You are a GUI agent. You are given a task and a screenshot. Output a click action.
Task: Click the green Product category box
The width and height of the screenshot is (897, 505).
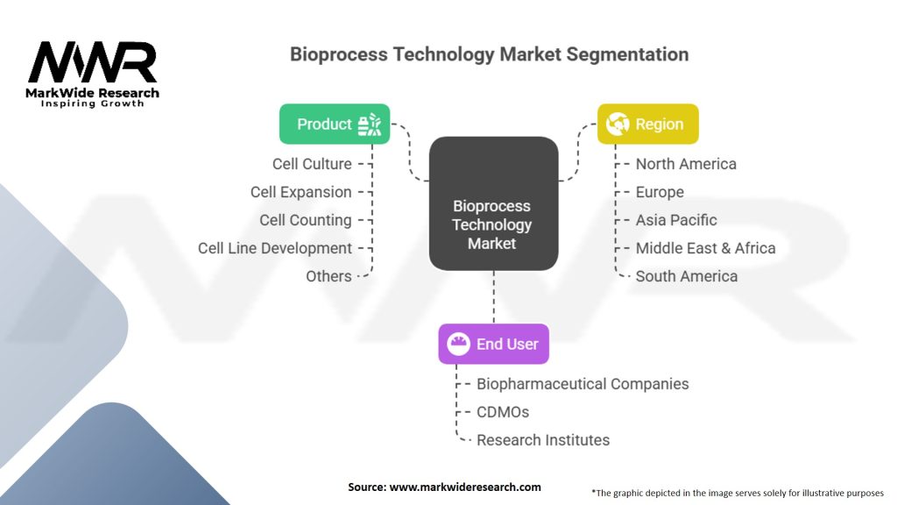(x=335, y=124)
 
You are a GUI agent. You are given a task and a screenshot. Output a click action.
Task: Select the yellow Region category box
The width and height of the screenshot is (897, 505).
(x=647, y=124)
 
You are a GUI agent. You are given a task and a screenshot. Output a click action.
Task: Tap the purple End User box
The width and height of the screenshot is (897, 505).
(x=493, y=344)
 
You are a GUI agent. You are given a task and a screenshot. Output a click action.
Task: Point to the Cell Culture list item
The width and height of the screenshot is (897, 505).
(x=313, y=164)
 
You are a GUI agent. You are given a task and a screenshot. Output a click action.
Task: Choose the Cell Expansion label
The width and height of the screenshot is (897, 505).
(x=301, y=192)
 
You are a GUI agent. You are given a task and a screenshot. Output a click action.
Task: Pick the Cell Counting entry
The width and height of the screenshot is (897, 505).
(x=306, y=220)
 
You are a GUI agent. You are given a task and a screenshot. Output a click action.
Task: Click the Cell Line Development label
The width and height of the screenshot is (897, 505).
(x=275, y=248)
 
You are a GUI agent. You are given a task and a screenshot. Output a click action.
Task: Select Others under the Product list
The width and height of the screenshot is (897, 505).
(x=328, y=276)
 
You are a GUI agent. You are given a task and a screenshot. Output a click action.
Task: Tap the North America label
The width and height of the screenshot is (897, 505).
(x=686, y=164)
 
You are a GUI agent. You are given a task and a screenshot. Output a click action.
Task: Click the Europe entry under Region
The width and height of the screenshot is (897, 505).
(x=660, y=192)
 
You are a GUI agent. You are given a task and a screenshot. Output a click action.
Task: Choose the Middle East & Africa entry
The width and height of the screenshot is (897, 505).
(x=705, y=248)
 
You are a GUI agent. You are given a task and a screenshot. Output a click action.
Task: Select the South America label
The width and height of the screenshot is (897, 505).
(x=686, y=276)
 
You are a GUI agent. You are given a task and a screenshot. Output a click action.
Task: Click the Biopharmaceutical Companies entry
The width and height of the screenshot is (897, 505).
(x=583, y=384)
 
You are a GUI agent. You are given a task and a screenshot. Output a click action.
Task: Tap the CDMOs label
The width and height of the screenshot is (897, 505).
(x=503, y=412)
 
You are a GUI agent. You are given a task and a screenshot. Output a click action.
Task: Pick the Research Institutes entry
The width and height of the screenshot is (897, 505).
(x=543, y=440)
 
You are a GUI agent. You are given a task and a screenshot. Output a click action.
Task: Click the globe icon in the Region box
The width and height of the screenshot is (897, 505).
(x=618, y=124)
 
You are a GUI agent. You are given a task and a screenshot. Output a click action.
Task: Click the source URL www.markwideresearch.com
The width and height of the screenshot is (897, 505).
(x=465, y=487)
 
